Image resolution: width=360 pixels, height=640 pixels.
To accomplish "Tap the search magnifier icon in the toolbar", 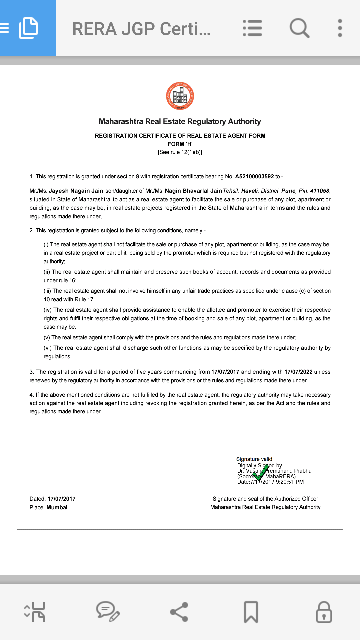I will click(x=299, y=28).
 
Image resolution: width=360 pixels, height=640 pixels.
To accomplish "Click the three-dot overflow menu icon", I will click(x=340, y=28).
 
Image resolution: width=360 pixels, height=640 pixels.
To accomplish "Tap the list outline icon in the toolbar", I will click(x=252, y=28).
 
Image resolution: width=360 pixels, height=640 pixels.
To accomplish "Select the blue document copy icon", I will click(x=28, y=28).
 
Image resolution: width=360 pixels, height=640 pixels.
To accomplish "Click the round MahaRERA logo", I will click(x=180, y=96).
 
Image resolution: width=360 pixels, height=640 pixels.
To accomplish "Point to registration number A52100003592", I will click(x=254, y=176).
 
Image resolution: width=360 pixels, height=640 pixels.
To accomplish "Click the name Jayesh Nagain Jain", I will click(x=76, y=191).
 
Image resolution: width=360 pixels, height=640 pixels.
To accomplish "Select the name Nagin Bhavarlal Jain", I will click(x=193, y=191).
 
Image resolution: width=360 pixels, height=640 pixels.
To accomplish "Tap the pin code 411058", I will click(x=319, y=191).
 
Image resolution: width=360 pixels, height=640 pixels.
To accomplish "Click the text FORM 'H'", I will click(x=180, y=144).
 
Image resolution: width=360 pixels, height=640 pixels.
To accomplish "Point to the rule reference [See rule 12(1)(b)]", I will click(x=180, y=152).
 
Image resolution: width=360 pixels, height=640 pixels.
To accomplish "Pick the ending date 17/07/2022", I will click(x=298, y=372).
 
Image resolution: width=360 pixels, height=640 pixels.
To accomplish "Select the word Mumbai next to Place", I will click(x=57, y=507).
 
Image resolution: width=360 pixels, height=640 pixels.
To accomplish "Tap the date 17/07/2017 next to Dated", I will click(x=61, y=499).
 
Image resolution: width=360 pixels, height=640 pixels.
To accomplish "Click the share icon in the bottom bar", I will click(x=179, y=612).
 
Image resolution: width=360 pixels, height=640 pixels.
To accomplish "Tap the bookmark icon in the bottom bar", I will click(x=251, y=612).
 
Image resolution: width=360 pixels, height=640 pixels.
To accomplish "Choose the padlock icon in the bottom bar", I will click(x=324, y=612).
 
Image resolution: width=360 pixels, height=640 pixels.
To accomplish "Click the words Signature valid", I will click(x=254, y=459).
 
